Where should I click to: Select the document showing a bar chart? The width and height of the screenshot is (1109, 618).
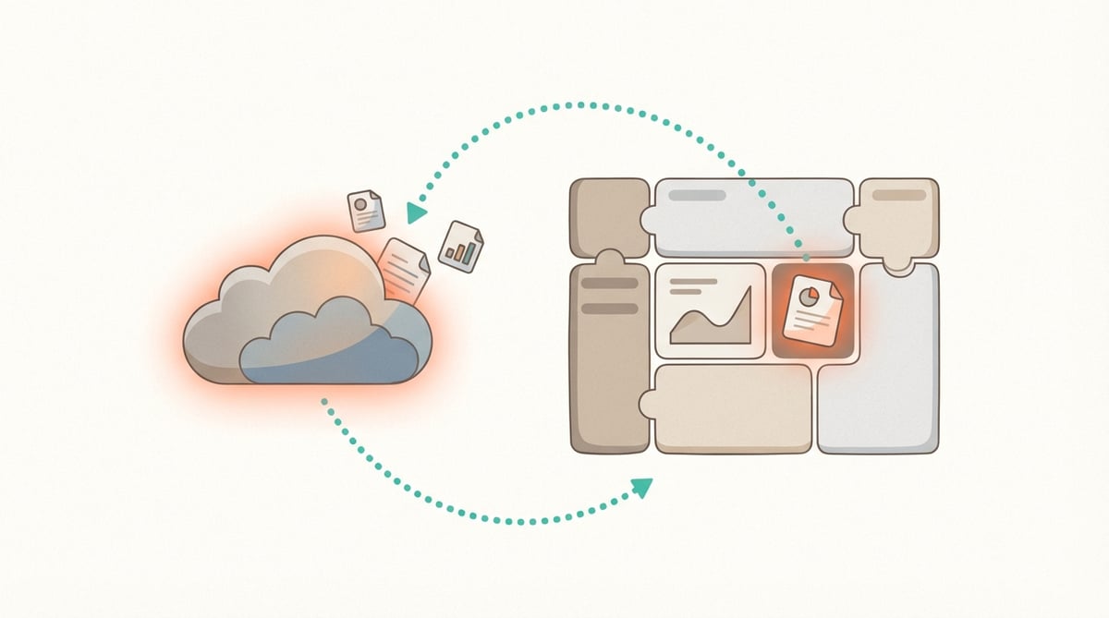coord(461,247)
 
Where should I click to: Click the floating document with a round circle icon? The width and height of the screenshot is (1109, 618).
coord(366,212)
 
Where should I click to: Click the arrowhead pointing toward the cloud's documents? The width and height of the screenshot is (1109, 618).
coord(416,213)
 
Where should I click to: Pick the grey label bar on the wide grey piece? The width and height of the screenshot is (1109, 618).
coord(697,196)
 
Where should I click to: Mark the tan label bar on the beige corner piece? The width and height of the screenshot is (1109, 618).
coord(898,196)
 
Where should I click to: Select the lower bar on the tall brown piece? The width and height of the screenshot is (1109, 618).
coord(607,308)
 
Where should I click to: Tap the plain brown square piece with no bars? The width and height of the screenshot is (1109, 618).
coord(605,217)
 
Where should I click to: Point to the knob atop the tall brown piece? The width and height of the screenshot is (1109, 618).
coord(611,259)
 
